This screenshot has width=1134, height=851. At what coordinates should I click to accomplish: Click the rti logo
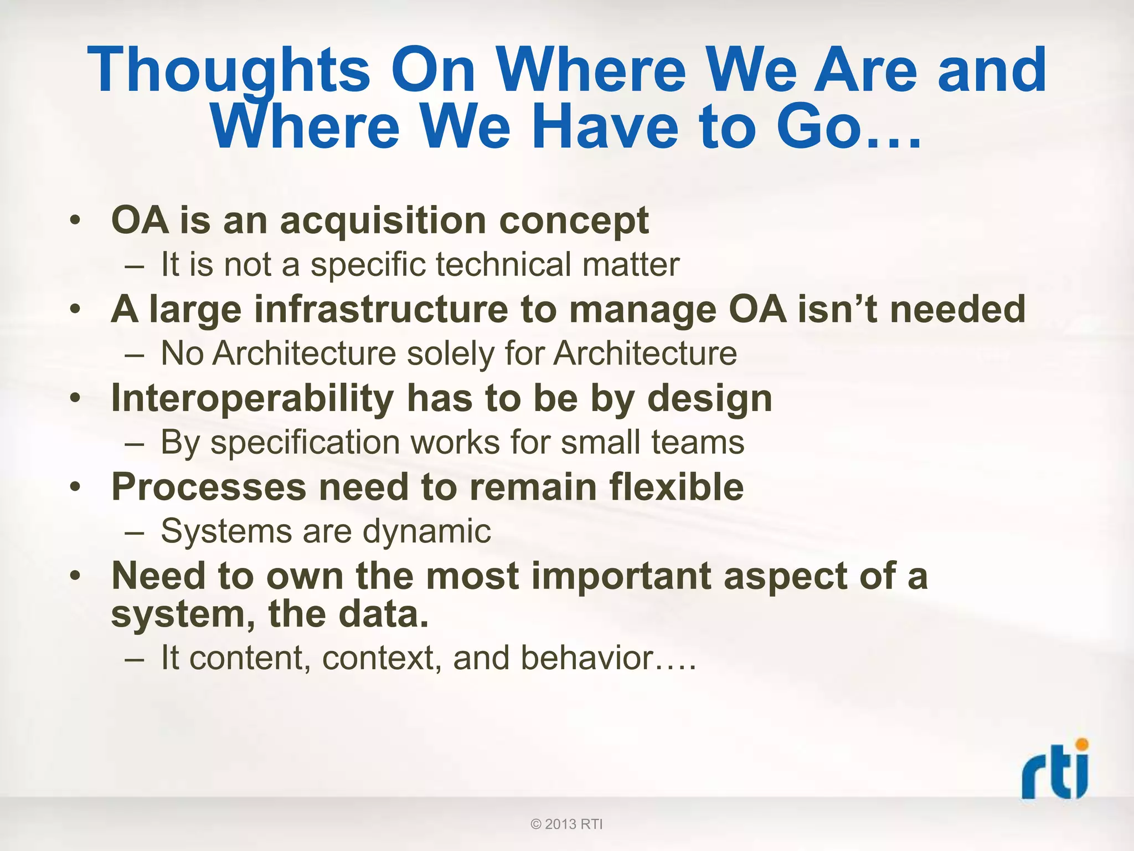pos(1055,770)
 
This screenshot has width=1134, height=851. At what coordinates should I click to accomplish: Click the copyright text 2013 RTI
pos(566,824)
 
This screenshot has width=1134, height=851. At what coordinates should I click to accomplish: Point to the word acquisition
pos(383,221)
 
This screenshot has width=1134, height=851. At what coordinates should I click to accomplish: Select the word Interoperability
pos(252,398)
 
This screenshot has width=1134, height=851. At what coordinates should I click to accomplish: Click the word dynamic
pos(426,531)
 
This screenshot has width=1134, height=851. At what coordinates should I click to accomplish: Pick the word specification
pos(305,443)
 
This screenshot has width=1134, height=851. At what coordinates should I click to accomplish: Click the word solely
pos(451,353)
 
